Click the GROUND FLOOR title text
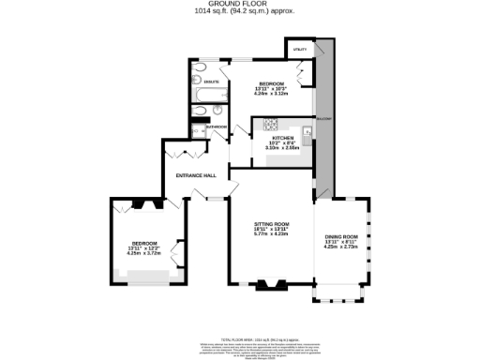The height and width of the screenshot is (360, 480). coord(240,5)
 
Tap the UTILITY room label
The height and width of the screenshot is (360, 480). coord(301,48)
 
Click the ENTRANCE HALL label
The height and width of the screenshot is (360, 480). coord(197,175)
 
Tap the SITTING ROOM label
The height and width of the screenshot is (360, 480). coord(272,224)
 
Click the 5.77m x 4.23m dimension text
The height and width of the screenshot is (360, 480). coord(272,234)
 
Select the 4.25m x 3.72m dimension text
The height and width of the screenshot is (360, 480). coord(143,253)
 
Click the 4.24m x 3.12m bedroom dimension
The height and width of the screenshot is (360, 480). coord(272,93)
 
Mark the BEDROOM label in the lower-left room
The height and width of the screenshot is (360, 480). coord(143,242)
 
